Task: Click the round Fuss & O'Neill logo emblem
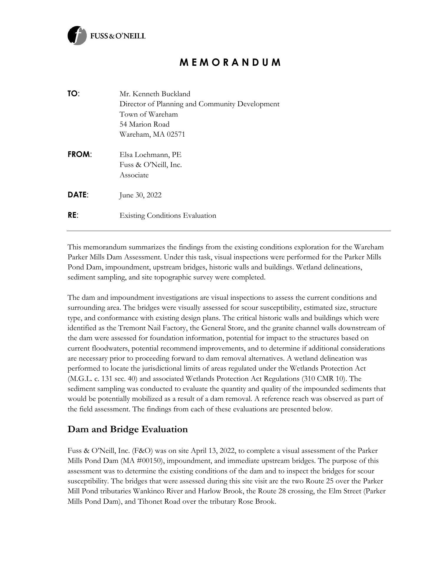[77, 36]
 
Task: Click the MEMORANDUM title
[230, 63]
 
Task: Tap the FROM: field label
[80, 154]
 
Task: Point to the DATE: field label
[78, 195]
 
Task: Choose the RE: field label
[73, 215]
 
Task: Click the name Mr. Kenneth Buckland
[155, 94]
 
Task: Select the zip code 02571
[176, 135]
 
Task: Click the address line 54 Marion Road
[144, 124]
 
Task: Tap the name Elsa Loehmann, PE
[150, 155]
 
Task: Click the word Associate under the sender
[134, 175]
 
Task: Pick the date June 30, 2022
[140, 195]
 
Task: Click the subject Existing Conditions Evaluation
[168, 216]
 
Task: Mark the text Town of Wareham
[149, 114]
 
